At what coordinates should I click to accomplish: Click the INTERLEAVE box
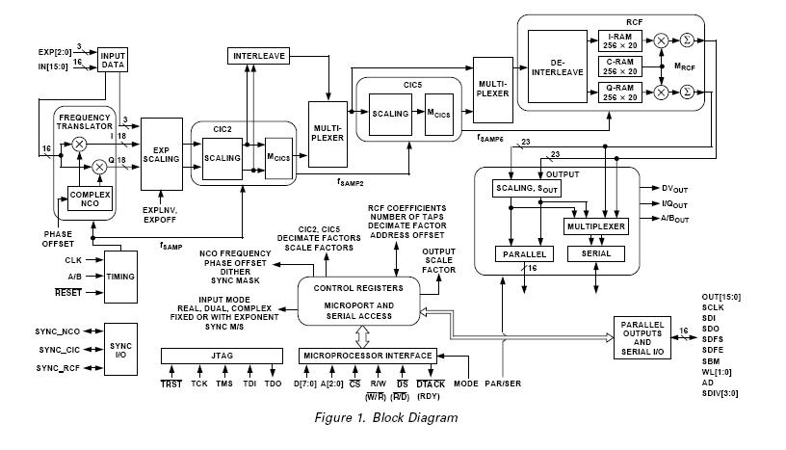[260, 56]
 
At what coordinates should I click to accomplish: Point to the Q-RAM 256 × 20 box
[621, 92]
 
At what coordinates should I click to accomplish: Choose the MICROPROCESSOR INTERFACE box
[367, 356]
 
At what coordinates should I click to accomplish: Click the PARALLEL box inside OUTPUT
[521, 254]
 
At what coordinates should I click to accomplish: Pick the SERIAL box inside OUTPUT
[594, 254]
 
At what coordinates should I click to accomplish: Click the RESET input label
[67, 291]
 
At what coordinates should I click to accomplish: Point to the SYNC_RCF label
[64, 368]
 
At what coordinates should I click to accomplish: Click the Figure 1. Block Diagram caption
[385, 417]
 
